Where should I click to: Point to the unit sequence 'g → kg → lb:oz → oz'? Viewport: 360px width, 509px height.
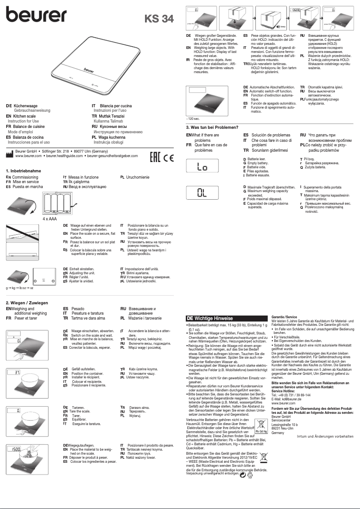[20, 287]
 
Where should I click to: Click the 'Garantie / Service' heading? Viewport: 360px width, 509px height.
[285, 317]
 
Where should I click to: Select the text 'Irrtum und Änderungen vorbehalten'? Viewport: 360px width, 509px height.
[325, 436]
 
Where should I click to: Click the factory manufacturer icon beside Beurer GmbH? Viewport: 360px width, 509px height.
[10, 155]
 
